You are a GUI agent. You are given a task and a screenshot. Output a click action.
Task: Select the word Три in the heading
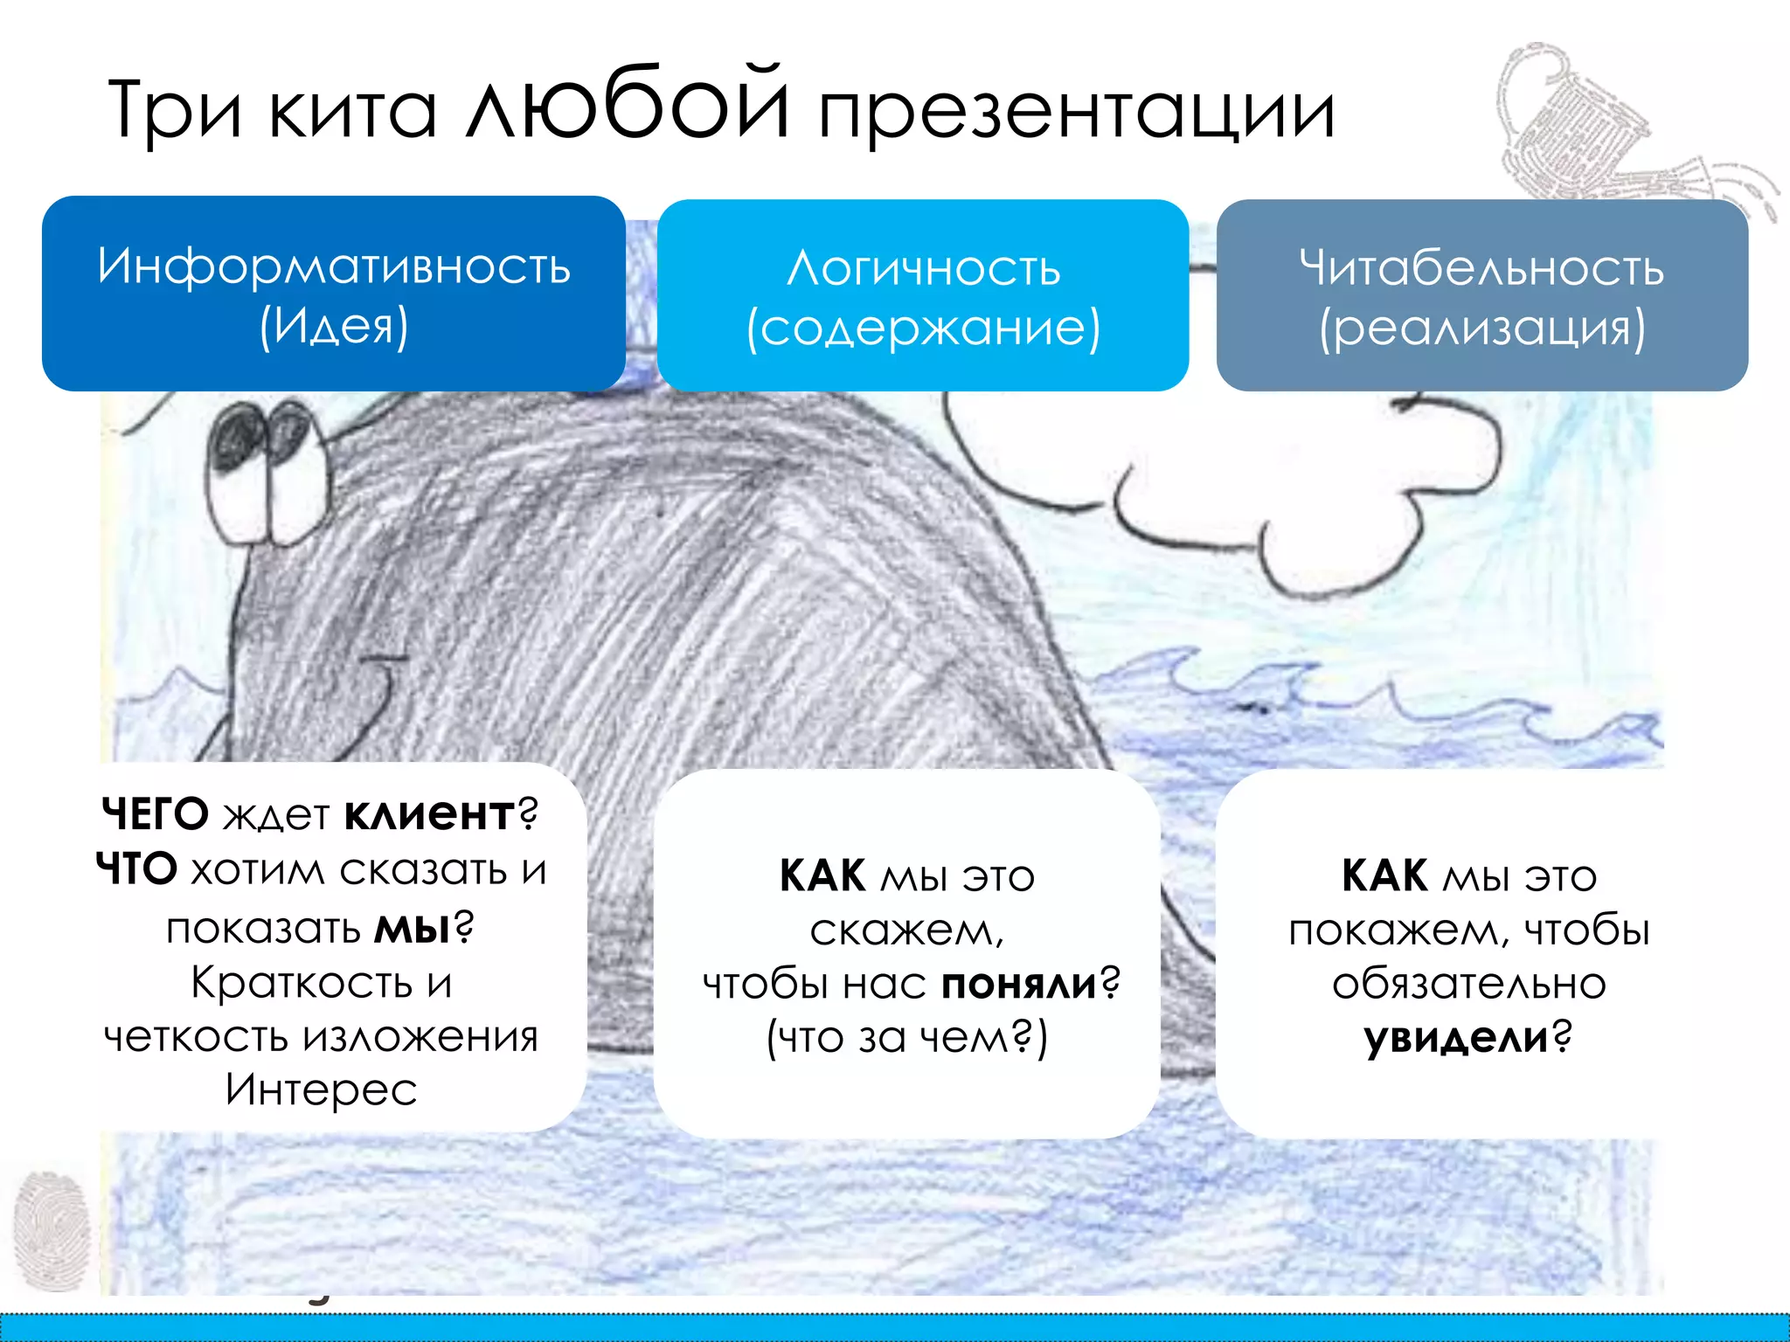tap(174, 112)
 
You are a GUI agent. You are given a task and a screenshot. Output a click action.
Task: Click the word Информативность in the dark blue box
tap(334, 266)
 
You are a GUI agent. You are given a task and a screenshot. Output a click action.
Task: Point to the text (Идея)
tap(334, 326)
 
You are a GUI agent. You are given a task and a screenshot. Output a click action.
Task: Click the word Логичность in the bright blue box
tap(923, 268)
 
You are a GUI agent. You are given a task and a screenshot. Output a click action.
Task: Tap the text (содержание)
tap(923, 329)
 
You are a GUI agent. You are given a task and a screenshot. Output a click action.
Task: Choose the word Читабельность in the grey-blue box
tap(1481, 268)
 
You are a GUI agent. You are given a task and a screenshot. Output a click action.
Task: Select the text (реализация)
tap(1481, 329)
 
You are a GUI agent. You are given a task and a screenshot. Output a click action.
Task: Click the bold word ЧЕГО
tap(155, 814)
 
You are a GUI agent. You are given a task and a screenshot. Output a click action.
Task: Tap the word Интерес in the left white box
tap(321, 1090)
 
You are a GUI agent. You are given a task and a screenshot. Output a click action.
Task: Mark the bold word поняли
tap(1019, 984)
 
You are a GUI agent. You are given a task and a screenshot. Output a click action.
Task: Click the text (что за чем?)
tap(906, 1038)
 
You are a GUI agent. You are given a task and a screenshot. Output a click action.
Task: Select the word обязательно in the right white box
tap(1469, 984)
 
